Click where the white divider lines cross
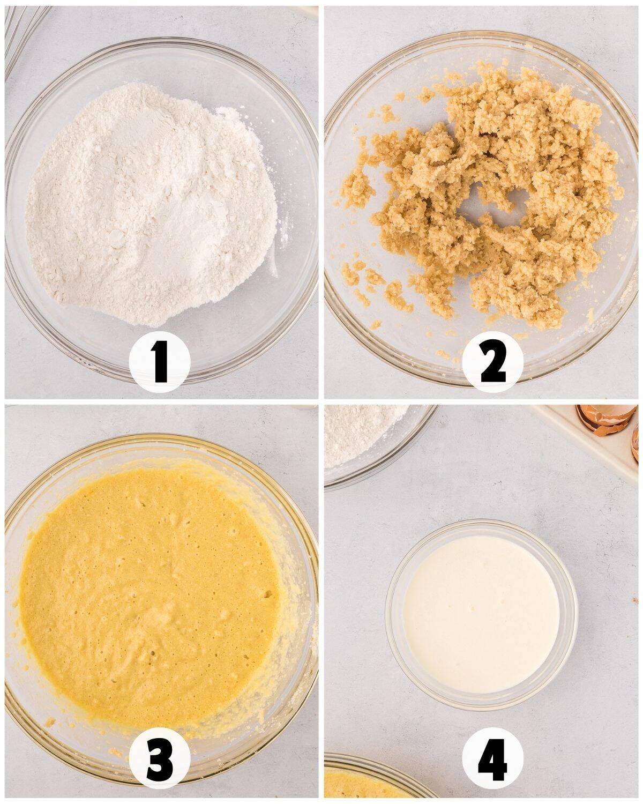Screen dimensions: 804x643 [x=321, y=401]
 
